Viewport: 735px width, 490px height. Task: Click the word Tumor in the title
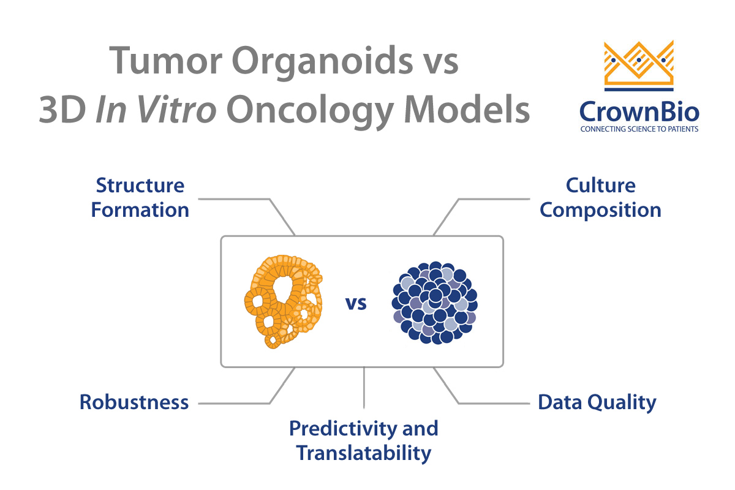pos(166,61)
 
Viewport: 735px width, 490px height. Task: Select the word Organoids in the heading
pos(322,63)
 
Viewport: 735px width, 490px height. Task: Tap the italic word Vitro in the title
pos(176,109)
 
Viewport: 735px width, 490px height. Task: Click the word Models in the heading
pos(467,109)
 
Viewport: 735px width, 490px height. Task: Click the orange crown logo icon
pos(639,62)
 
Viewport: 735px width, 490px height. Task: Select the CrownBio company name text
pos(639,111)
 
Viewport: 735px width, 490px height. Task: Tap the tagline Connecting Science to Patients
pos(639,129)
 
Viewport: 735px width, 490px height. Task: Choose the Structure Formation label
pos(140,198)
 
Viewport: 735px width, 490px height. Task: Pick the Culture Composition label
pos(600,198)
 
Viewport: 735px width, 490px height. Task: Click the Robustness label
pos(134,402)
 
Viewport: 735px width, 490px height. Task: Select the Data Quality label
pos(597,403)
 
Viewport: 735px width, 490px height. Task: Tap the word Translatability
pos(364,453)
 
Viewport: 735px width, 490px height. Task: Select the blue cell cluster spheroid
pos(435,303)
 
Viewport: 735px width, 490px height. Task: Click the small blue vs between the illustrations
pos(356,303)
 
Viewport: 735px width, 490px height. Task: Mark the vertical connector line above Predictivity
pos(364,387)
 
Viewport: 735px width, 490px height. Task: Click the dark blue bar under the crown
pos(639,89)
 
